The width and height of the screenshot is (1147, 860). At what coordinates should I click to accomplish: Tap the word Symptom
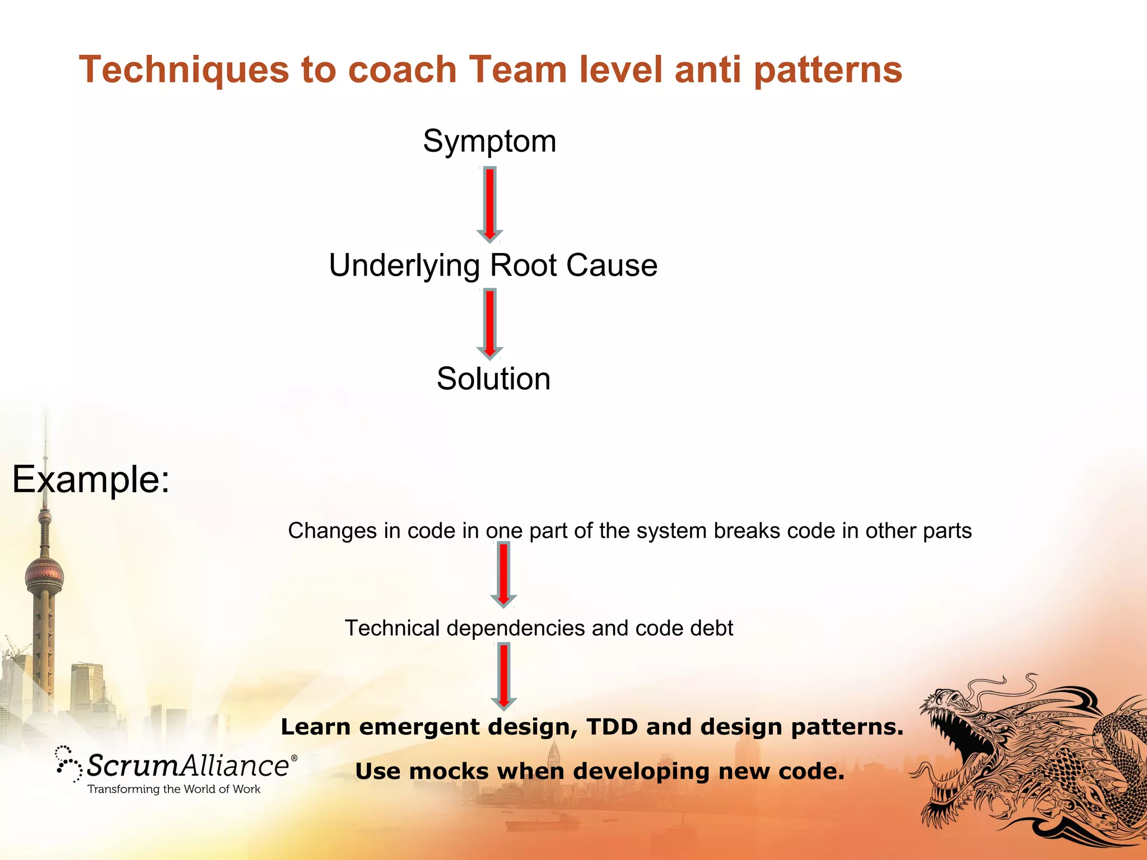click(489, 141)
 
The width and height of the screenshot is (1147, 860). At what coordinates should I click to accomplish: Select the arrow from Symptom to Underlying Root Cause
click(489, 204)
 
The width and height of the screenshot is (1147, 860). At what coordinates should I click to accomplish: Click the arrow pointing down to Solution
click(489, 324)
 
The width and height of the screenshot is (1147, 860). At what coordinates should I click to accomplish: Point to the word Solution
click(493, 378)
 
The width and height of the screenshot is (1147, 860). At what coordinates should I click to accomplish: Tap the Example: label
click(91, 479)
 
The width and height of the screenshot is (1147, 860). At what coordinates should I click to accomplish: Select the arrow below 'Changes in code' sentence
click(503, 576)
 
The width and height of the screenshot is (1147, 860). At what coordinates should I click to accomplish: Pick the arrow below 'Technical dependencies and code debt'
click(503, 676)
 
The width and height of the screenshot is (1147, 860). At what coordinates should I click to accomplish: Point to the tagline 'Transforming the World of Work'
click(174, 789)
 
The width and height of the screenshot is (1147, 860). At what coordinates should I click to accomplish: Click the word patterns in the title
click(828, 70)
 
